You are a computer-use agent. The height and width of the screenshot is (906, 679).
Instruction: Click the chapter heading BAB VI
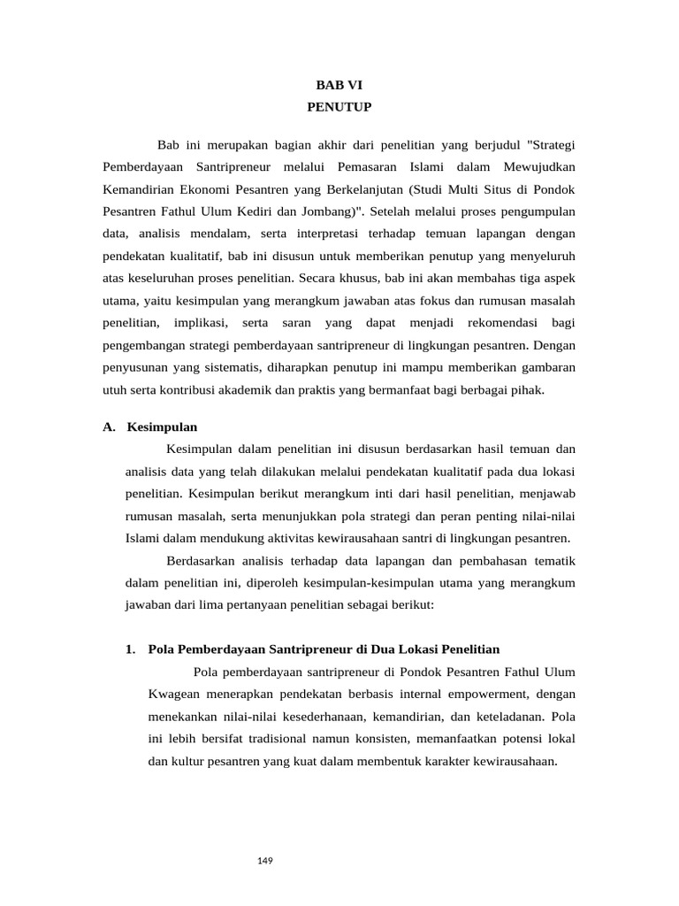pos(339,85)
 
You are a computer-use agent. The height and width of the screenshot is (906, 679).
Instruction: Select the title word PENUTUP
pos(339,107)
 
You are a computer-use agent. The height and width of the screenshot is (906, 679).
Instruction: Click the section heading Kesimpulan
pos(162,426)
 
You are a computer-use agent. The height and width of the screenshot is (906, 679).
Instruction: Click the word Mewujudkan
pos(543,166)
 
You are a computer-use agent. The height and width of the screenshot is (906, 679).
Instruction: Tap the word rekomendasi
pos(494,324)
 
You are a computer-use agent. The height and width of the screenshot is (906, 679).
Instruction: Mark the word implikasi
pos(202,324)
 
